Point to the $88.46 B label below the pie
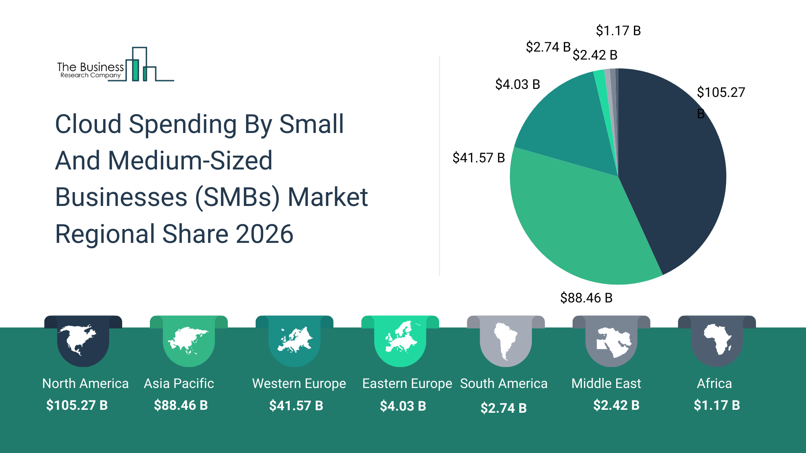586,298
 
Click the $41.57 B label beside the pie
478,158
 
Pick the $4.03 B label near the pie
517,84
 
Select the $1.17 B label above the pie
618,31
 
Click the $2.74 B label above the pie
548,47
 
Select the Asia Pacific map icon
188,340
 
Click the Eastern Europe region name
407,383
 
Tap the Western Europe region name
299,383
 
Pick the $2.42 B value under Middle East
616,405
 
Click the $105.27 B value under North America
77,405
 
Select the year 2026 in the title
264,234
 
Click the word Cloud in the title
88,124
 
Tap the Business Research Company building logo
143,65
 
